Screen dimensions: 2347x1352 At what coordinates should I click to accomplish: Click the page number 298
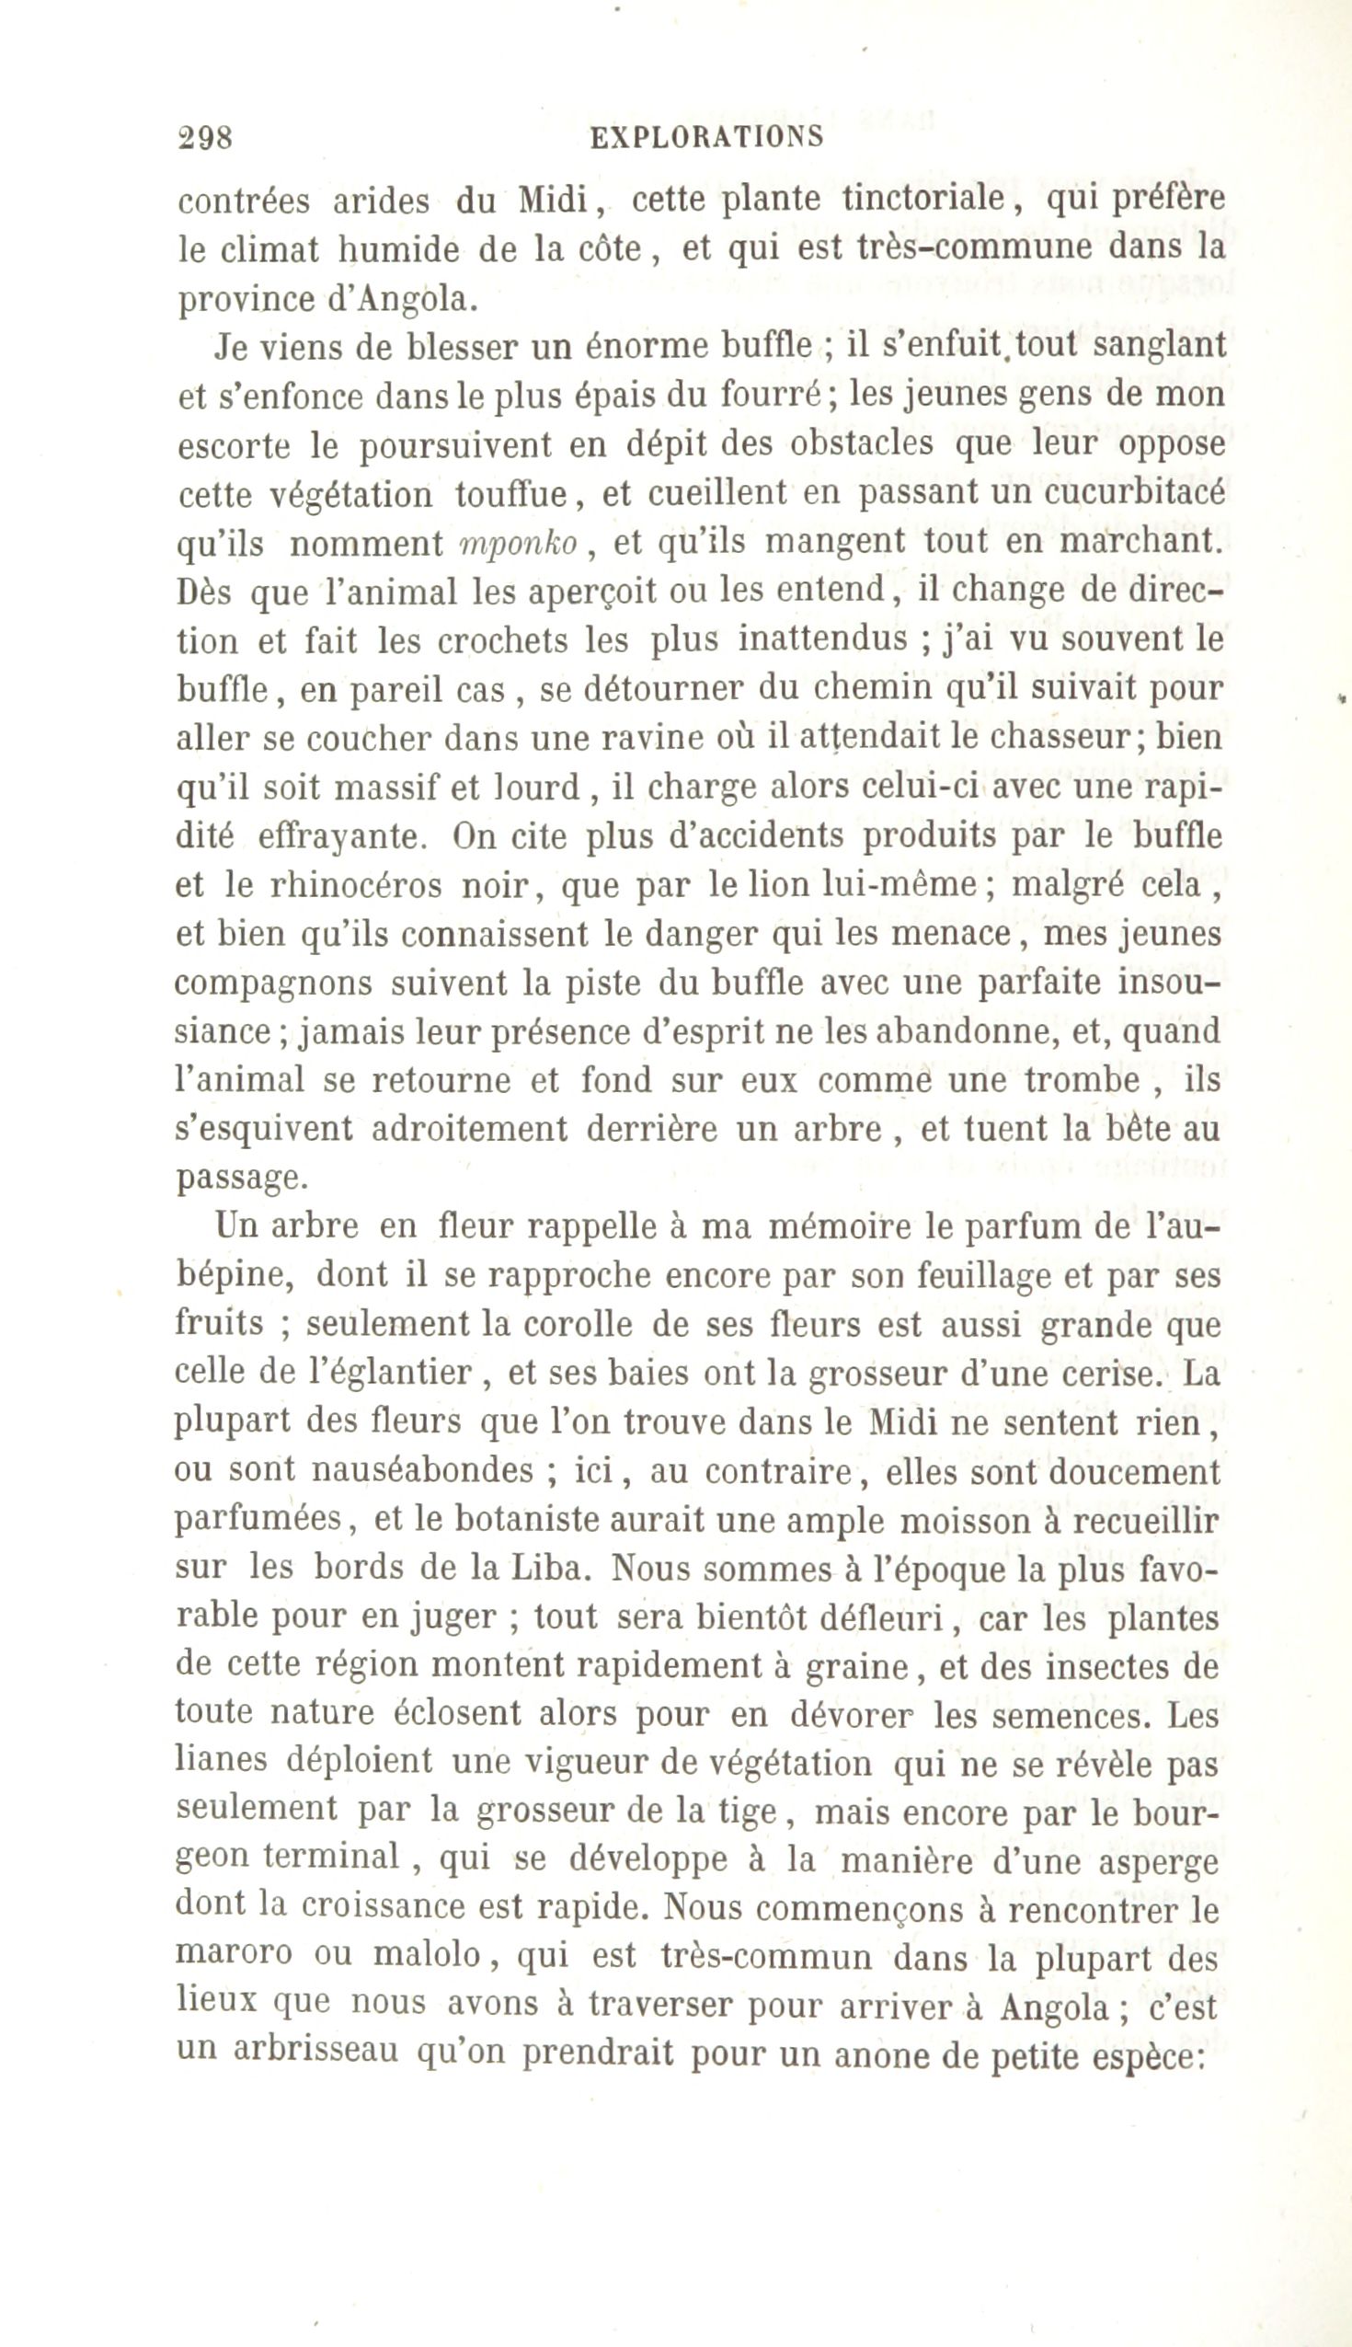click(x=205, y=138)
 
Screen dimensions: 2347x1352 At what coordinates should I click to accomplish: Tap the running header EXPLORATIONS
click(x=706, y=137)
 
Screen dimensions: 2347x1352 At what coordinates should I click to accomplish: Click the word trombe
click(x=1082, y=1081)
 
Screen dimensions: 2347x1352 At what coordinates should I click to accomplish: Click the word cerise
click(x=1104, y=1373)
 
